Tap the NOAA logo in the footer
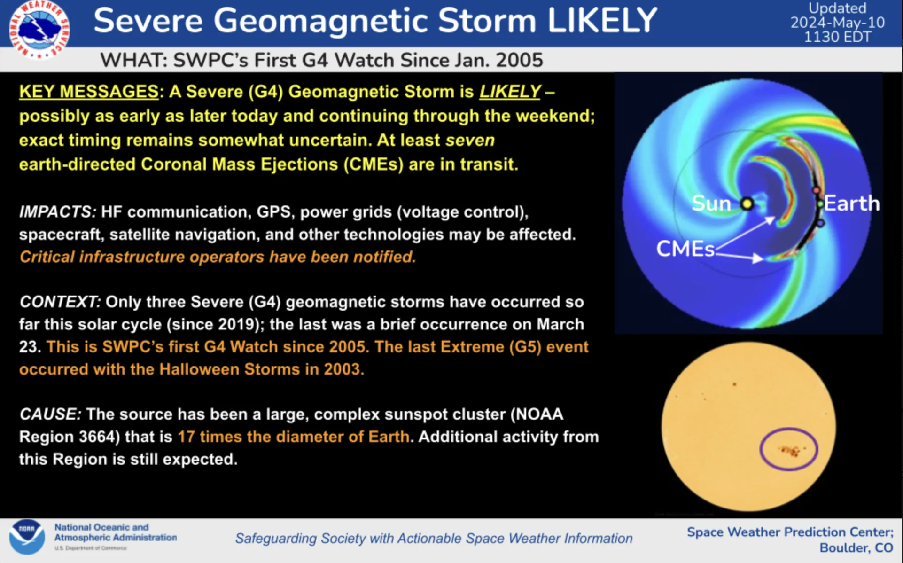pos(27,536)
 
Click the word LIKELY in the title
pos(602,21)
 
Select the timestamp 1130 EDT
pos(837,37)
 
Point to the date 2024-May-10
pos(837,23)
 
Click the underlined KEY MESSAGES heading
pos(89,92)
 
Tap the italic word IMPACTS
pos(57,212)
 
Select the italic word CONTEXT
pos(60,302)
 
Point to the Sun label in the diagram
pos(711,203)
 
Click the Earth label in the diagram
pos(851,203)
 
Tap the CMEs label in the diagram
pos(685,249)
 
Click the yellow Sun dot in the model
pos(747,204)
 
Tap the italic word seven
pos(470,141)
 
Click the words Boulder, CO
pos(856,548)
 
